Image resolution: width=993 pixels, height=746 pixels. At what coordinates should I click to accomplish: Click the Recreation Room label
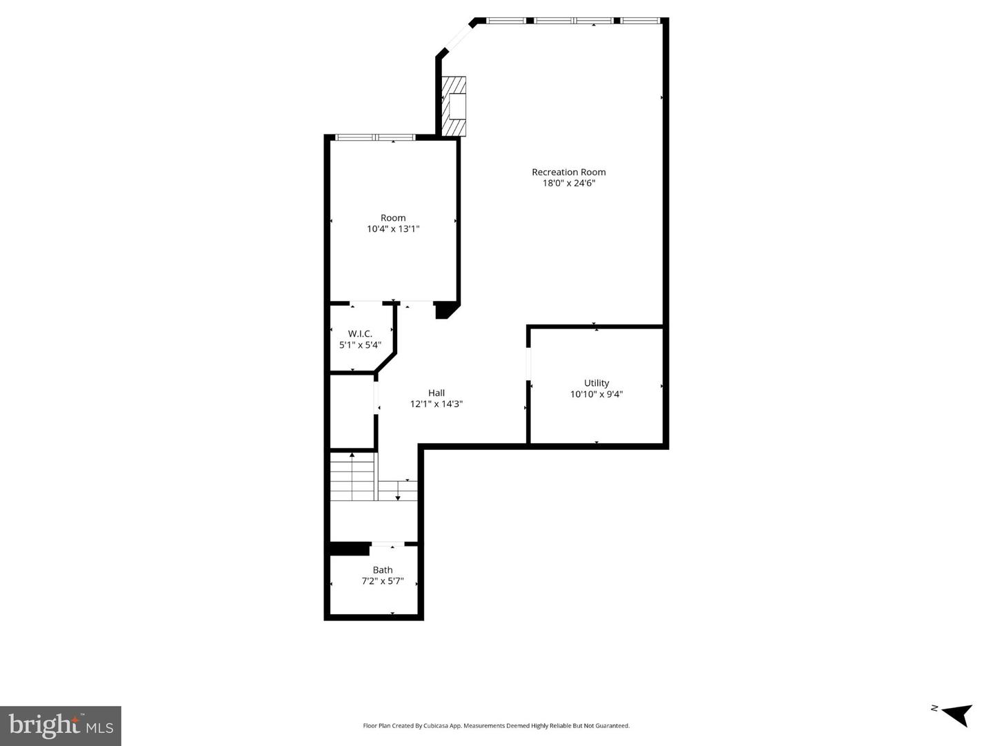click(568, 172)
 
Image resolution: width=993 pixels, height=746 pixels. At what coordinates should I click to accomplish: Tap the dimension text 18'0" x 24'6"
click(568, 184)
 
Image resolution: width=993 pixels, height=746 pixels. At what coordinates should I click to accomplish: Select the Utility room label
click(596, 383)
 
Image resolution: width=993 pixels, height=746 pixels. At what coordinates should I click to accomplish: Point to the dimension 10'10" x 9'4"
click(596, 395)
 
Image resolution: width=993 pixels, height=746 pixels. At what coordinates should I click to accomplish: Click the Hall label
click(436, 393)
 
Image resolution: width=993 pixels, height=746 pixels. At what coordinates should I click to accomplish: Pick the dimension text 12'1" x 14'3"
click(436, 404)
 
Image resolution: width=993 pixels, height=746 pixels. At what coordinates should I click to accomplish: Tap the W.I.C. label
click(360, 333)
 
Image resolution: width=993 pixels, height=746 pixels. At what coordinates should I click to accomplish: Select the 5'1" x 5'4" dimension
click(360, 345)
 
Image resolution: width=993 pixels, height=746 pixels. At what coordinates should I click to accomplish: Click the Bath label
click(383, 570)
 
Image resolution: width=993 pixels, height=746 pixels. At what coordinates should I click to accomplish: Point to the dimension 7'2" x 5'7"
click(383, 582)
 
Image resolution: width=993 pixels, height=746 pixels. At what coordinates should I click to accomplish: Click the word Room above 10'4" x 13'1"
click(393, 217)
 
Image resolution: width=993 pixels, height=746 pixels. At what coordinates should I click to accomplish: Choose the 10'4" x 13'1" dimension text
click(393, 229)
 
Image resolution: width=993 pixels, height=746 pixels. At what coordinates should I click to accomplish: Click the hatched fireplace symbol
click(454, 106)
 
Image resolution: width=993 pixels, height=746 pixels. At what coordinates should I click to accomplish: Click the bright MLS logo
click(61, 725)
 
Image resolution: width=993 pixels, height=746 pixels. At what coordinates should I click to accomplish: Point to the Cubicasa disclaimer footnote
click(496, 726)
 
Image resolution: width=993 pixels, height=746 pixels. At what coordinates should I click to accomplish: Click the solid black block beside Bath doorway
click(350, 549)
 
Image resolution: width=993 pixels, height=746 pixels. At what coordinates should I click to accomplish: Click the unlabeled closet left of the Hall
click(352, 411)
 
